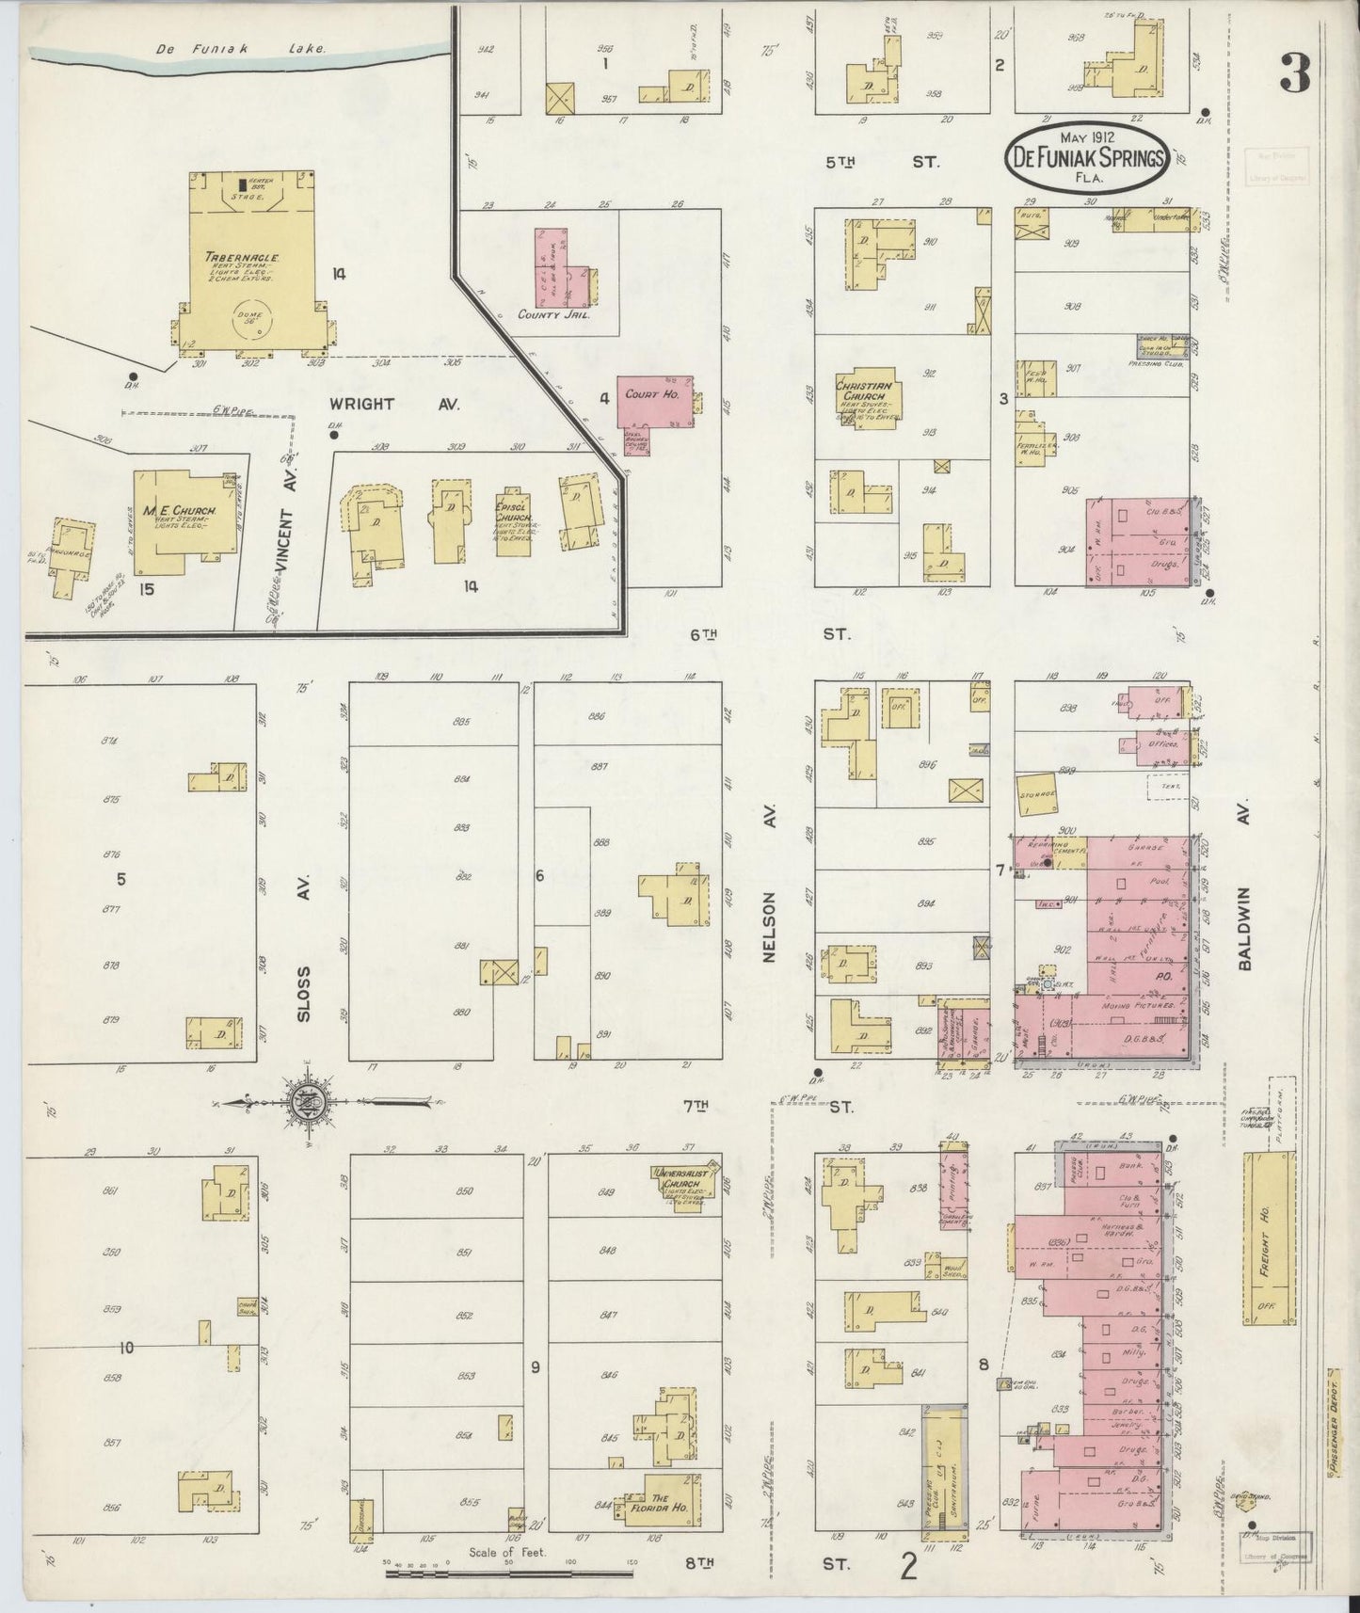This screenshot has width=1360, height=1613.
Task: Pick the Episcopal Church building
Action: pos(512,522)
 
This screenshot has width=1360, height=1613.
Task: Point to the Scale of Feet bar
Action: pos(509,1573)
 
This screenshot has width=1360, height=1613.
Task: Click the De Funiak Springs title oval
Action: pos(1085,159)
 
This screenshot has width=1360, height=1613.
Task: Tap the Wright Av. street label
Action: pos(394,404)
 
